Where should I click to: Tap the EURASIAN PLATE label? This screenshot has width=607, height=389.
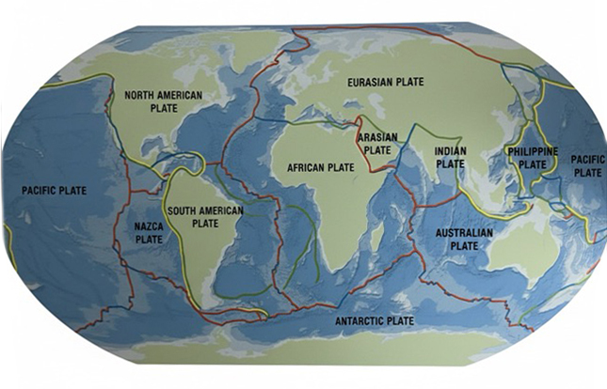click(384, 82)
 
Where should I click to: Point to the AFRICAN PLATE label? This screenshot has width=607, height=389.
click(320, 167)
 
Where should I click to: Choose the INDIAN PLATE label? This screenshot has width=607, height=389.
click(452, 158)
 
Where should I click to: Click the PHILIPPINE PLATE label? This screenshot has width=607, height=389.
click(533, 157)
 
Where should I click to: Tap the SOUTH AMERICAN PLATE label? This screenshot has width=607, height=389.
click(204, 217)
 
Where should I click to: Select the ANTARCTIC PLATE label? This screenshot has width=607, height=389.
click(375, 321)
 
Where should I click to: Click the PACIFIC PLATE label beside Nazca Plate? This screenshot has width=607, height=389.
click(54, 191)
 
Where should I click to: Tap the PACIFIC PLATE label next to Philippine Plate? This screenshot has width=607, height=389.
click(587, 166)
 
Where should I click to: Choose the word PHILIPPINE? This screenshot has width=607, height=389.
click(533, 150)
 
